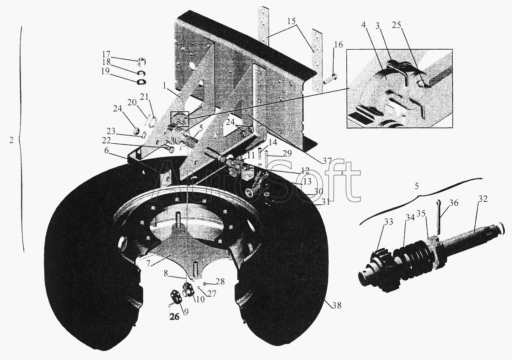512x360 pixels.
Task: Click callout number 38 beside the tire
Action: (x=337, y=306)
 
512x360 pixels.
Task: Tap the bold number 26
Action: (x=175, y=317)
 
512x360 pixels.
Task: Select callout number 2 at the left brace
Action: (x=11, y=141)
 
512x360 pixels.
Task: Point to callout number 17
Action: (x=106, y=54)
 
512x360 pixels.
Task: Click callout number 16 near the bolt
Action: (x=339, y=44)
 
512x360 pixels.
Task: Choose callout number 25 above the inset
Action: (x=397, y=26)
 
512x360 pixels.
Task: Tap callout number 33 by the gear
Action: (x=389, y=222)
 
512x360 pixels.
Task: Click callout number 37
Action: (x=327, y=161)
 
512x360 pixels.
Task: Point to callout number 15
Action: (x=292, y=21)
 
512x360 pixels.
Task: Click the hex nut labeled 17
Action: (x=141, y=61)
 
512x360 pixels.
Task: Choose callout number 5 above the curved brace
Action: (x=416, y=186)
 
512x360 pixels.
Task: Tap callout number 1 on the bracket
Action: (x=165, y=85)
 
